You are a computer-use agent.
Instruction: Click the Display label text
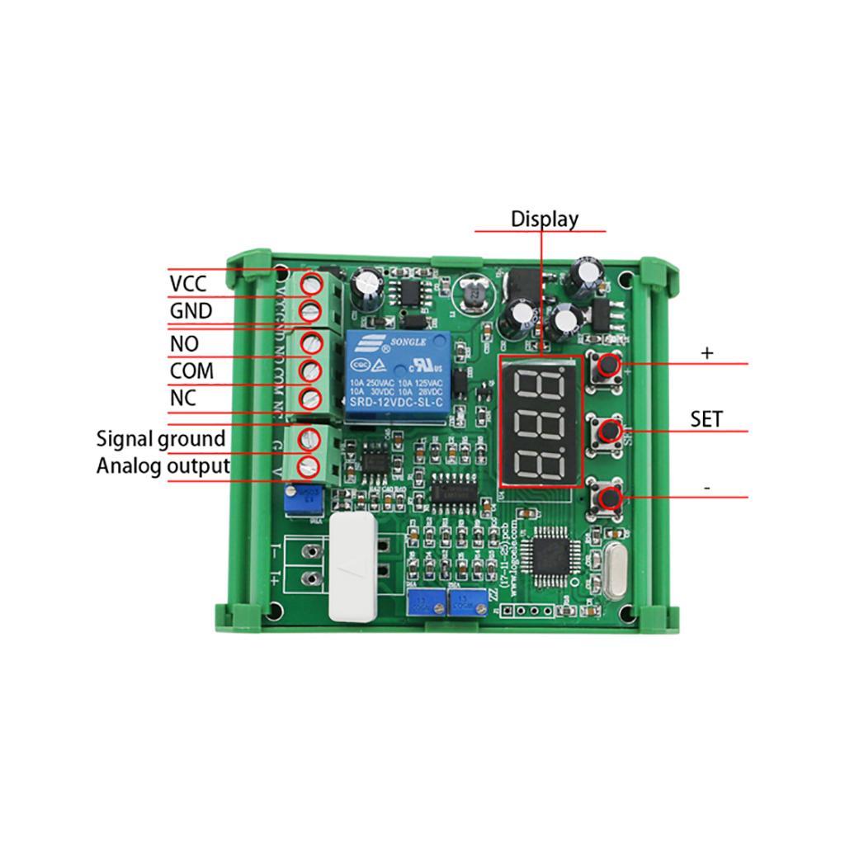544,219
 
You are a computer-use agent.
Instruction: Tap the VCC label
187,284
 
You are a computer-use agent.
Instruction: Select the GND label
191,311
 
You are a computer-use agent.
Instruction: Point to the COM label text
191,371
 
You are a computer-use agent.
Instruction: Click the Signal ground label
160,438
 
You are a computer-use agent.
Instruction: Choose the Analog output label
163,465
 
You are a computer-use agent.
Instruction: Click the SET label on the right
706,419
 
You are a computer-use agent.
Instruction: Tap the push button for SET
609,430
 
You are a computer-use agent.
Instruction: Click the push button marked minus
609,498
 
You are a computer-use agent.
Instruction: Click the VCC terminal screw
311,283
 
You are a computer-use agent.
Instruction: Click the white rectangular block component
353,568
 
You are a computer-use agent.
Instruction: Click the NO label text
184,343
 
